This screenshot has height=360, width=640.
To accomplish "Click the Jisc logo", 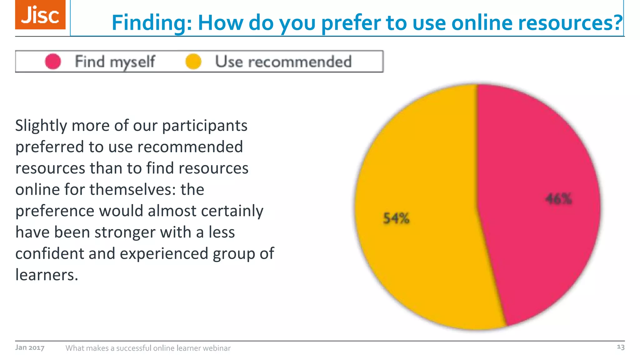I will click(x=40, y=15).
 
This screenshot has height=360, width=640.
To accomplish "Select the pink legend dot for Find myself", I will click(x=53, y=61).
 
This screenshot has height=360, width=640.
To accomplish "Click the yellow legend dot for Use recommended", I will click(x=193, y=61).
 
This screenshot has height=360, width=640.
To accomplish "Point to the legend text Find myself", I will click(x=115, y=62).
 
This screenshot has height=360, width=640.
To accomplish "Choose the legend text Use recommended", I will click(x=283, y=62).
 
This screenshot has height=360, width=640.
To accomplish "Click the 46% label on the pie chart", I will click(x=559, y=199).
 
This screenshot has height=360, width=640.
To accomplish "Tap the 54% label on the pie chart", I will click(x=396, y=218).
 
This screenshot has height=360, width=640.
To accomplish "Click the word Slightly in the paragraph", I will click(x=41, y=126).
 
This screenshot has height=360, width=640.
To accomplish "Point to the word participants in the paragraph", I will click(x=205, y=126).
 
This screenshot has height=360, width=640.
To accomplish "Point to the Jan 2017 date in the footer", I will click(x=30, y=347).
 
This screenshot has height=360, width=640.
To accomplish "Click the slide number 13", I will click(x=620, y=347).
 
